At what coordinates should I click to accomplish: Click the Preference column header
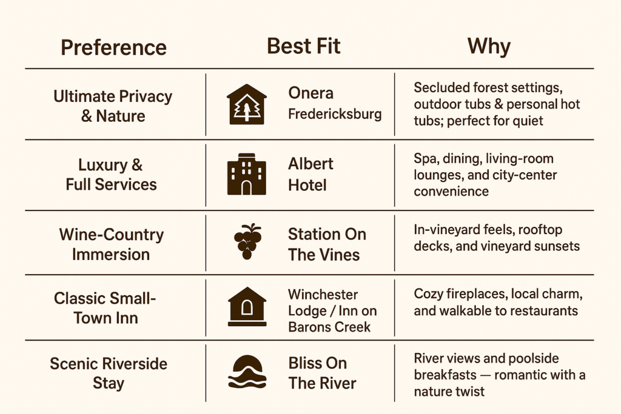coord(113,48)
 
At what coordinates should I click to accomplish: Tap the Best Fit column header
coord(304,46)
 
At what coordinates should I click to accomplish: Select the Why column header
coord(489,46)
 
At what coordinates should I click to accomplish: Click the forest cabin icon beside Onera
coord(247,104)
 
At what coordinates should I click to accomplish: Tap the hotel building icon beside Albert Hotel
coord(247,174)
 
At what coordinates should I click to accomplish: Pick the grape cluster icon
coord(247,241)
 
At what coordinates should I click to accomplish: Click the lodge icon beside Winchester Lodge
coord(247,306)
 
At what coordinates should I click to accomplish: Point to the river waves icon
coord(247,372)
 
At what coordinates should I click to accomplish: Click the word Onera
coord(311,93)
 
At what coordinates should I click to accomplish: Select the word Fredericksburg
coord(335,114)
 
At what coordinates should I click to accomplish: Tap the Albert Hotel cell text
coord(310,175)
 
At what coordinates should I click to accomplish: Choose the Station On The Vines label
coord(327,244)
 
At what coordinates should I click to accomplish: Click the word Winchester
coord(323,295)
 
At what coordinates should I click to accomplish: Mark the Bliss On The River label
coord(322,373)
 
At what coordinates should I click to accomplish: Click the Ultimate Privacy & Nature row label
coord(113,106)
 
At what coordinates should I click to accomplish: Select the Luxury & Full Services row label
coord(112,175)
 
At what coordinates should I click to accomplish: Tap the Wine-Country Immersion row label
coord(112,244)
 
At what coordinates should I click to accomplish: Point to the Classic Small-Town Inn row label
coord(105,309)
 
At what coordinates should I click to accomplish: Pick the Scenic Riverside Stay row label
coord(109,373)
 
